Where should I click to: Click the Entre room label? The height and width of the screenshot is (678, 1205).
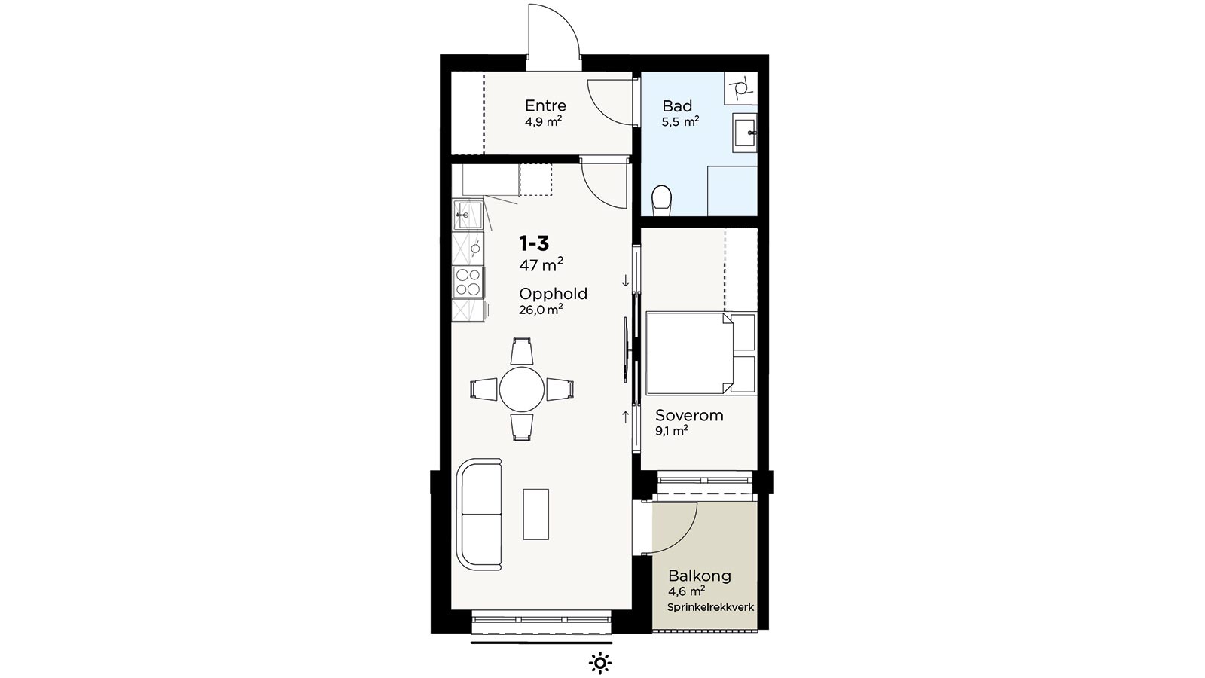(545, 105)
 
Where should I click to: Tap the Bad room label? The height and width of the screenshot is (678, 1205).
(677, 106)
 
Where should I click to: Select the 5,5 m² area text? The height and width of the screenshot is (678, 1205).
(681, 121)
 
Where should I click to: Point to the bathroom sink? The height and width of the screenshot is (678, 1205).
(745, 133)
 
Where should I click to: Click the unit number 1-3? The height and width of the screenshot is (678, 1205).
(534, 244)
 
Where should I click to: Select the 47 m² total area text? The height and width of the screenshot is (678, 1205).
(541, 264)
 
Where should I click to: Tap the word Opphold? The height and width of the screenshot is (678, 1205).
(553, 294)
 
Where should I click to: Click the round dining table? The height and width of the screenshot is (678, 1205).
(521, 389)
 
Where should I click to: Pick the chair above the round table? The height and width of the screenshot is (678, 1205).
(521, 351)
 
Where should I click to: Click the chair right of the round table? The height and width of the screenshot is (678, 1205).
(560, 389)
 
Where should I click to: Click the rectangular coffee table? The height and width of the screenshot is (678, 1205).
(535, 514)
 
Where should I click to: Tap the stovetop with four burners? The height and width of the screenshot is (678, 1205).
(91, 282)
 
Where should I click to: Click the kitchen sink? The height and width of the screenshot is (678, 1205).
(91, 215)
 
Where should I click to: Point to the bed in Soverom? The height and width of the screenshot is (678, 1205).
(700, 353)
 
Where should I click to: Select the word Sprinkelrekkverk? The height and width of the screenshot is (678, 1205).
(711, 607)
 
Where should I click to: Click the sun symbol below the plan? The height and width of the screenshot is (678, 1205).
(599, 663)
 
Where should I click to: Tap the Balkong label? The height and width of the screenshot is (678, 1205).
(700, 576)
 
